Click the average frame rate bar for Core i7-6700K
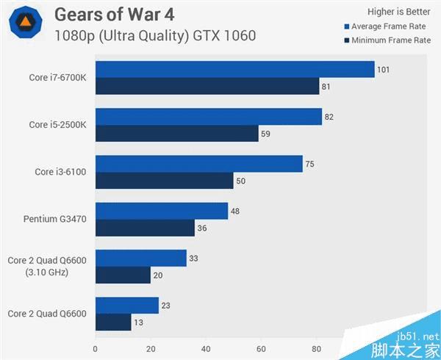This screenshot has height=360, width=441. click(235, 69)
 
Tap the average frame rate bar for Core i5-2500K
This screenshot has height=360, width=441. click(209, 116)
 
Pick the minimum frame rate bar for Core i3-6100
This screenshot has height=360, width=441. click(164, 181)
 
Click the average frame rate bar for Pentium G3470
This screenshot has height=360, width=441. click(162, 211)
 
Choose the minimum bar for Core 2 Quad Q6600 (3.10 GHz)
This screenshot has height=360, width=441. click(123, 275)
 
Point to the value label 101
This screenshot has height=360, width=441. click(383, 70)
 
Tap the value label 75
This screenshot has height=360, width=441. click(309, 164)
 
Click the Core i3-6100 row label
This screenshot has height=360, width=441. click(61, 172)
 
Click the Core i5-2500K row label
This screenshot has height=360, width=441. click(59, 125)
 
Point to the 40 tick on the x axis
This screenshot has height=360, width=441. click(206, 349)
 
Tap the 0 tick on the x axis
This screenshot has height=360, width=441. click(96, 349)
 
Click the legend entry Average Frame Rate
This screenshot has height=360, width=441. click(387, 26)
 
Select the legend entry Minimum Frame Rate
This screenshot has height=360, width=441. click(387, 40)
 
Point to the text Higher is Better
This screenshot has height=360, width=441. click(398, 11)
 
